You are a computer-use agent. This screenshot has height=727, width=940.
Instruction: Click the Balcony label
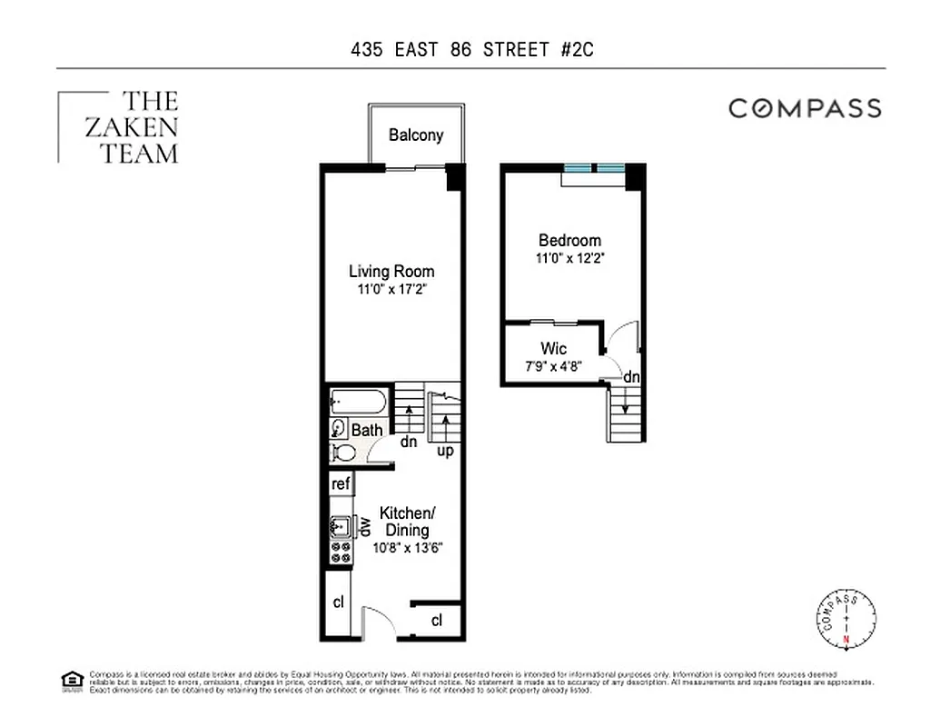416,135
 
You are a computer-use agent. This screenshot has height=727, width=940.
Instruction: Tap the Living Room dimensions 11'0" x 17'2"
391,290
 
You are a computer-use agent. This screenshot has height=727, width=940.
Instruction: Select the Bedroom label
569,241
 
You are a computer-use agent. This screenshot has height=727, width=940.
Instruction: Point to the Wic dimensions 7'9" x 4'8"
553,366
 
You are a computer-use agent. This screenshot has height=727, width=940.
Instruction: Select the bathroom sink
339,428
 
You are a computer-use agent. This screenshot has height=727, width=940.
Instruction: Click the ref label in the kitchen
341,484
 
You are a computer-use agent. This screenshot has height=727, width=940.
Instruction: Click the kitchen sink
341,526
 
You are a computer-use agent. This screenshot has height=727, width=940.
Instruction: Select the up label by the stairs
446,450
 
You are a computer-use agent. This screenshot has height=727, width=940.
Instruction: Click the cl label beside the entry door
338,602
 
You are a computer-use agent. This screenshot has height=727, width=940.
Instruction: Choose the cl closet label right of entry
436,621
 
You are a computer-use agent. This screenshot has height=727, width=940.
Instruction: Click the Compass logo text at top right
805,109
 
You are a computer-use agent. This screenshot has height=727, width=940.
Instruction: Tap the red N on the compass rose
846,641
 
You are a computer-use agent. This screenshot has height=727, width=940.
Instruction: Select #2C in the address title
575,49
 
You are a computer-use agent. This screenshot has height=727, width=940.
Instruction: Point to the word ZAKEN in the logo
131,127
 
